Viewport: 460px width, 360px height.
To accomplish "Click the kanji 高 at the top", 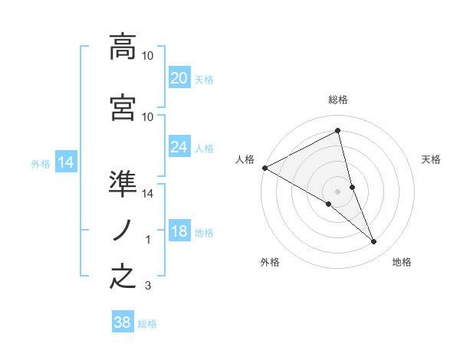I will coord(123,46).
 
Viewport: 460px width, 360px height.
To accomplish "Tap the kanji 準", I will coord(123,185).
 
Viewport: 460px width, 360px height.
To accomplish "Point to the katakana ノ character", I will coord(123,229).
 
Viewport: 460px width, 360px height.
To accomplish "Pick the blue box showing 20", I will coord(179,77).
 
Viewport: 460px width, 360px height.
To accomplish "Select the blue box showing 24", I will coord(179,147).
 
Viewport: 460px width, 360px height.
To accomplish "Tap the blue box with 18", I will coord(179,231).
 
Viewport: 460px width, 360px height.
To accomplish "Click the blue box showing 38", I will coord(123,322).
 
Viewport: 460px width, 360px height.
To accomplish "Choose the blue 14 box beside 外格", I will coord(65,162).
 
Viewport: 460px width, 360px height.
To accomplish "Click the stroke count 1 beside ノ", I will coord(148,240).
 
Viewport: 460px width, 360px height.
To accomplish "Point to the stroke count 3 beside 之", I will coord(148,286).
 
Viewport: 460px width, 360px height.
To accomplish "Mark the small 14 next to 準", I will coord(148,194).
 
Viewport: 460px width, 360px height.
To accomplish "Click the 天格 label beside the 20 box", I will coord(204,79).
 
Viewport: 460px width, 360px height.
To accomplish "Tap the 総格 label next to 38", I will coord(147,324).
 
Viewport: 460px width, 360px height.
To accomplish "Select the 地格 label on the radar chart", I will coord(402,262).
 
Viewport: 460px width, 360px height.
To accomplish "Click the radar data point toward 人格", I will coord(264,168).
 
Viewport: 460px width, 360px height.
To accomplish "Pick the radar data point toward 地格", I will coord(374,242).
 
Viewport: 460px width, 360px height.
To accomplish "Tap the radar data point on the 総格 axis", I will coord(338,131).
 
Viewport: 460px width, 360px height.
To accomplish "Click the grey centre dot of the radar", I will coord(338,191).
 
